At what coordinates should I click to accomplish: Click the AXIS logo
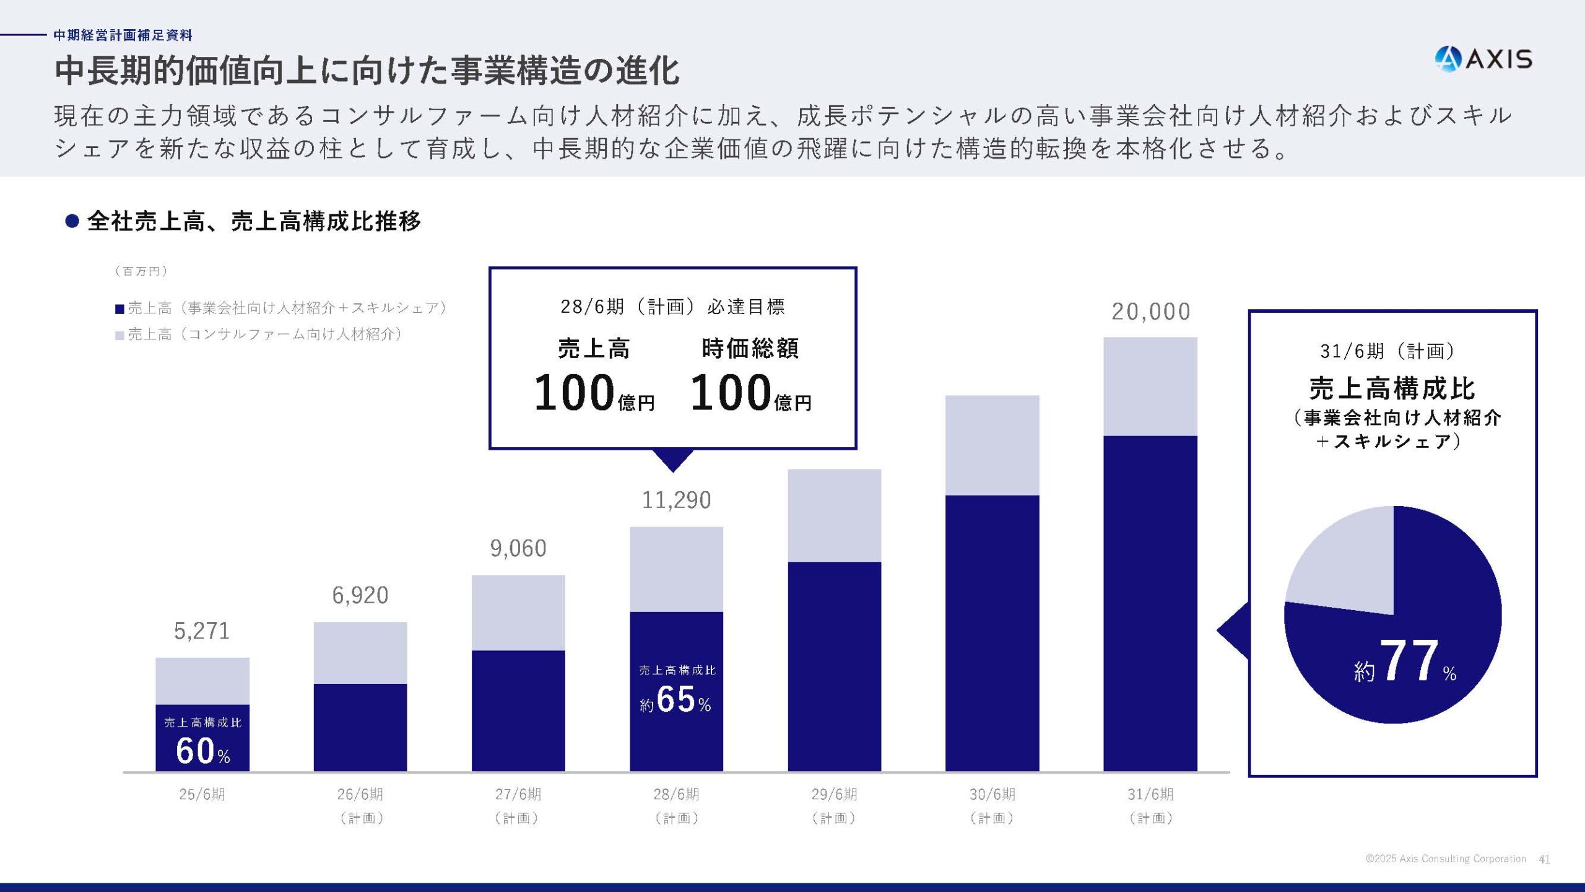pos(1483,59)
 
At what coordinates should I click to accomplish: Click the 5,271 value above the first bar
pos(202,631)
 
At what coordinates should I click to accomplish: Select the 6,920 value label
pos(360,595)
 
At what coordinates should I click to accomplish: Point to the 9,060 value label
pos(518,548)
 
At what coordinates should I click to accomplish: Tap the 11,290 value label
pos(676,500)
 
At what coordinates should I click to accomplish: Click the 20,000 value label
pos(1150,312)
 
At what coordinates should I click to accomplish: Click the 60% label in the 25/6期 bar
pos(202,751)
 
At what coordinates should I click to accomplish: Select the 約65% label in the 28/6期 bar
pos(676,700)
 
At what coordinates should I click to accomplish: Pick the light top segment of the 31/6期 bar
pos(1150,387)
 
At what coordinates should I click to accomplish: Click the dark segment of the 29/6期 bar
pos(834,666)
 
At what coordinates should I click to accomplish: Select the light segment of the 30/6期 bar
pos(992,445)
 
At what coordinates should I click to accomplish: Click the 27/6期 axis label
pos(518,794)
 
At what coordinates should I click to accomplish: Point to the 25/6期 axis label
pos(202,794)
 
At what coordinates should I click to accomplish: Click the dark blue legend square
pos(119,308)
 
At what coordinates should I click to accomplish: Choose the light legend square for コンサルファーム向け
pos(119,335)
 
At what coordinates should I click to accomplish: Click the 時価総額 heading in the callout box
pos(750,349)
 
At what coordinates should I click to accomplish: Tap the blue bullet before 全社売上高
pos(72,221)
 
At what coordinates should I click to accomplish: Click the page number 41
pos(1544,859)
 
